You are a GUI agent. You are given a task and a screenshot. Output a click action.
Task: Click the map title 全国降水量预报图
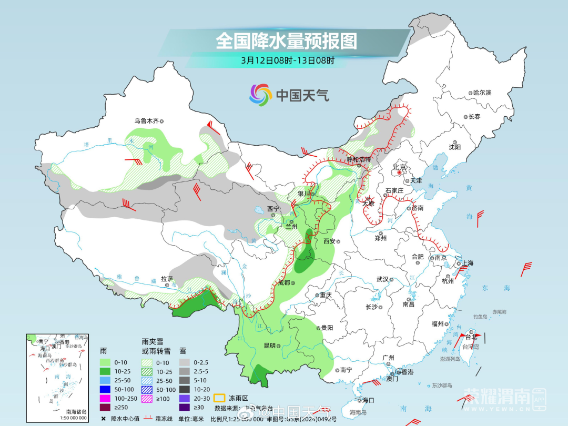click(286, 41)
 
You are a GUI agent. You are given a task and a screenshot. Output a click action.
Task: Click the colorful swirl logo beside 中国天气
click(260, 95)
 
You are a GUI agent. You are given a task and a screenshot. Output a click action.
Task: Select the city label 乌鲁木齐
click(146, 121)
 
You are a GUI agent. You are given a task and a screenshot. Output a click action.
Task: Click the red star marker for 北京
click(400, 173)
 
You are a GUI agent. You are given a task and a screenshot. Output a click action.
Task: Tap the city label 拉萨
click(167, 279)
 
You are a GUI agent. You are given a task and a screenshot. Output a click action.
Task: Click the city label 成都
click(283, 282)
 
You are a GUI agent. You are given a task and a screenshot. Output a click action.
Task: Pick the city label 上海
click(467, 263)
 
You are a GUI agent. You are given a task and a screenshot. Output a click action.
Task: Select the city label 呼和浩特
click(359, 159)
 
